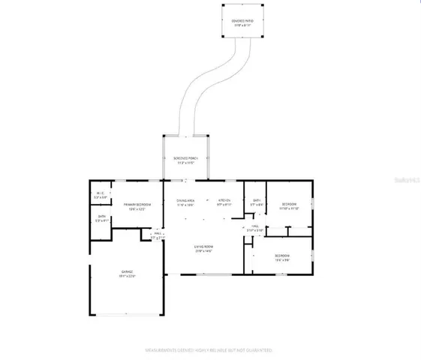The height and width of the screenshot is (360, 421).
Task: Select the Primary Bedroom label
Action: coord(137,205)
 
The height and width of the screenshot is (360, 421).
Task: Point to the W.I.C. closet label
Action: coord(101,196)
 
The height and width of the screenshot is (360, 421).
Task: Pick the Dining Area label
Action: coord(185,202)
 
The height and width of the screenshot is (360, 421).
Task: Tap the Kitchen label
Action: coord(224,202)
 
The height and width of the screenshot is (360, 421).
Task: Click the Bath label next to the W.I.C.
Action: coord(101,220)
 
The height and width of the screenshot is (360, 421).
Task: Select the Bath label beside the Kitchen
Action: coord(256,202)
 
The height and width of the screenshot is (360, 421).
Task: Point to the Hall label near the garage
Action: coord(158,235)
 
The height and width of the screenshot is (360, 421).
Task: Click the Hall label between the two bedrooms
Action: coord(255,226)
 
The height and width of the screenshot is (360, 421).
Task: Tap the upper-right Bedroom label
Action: coord(289,205)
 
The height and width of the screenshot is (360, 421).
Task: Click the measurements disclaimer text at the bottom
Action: coord(209,350)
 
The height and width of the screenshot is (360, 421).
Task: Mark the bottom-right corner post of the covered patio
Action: coord(261,36)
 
